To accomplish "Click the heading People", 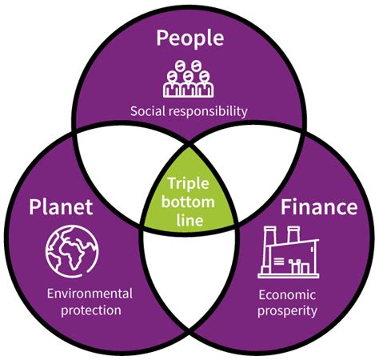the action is click(189, 38).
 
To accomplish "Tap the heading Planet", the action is click(61, 207).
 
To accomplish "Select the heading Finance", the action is click(319, 207).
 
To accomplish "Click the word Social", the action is click(148, 111).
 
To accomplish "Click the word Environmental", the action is click(90, 294).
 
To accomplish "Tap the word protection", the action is click(91, 310).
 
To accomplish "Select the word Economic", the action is click(287, 295).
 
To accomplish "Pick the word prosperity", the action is click(287, 311).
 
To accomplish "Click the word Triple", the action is click(189, 184).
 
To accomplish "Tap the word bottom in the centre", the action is click(188, 202).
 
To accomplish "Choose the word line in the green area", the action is click(189, 220).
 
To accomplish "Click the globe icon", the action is click(72, 252).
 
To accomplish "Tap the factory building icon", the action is click(289, 252).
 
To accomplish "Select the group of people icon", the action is click(188, 78).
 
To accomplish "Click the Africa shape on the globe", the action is click(71, 254).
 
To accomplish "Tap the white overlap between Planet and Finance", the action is click(189, 274).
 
